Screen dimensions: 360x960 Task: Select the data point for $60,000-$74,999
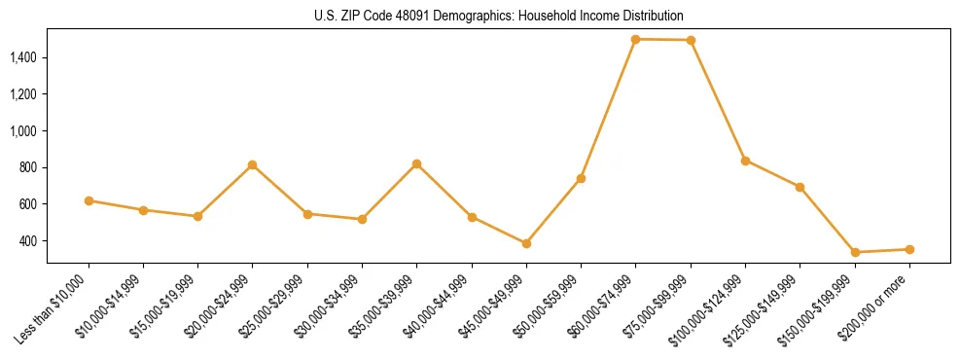[635, 39]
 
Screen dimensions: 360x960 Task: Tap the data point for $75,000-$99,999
[691, 40]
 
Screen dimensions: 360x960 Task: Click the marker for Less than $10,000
[89, 200]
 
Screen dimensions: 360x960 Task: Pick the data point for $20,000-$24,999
[253, 165]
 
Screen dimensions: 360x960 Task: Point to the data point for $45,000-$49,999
[526, 243]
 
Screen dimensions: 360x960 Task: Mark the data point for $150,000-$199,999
[855, 252]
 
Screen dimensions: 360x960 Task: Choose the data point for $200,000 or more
[909, 249]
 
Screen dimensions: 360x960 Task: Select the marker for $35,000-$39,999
[417, 163]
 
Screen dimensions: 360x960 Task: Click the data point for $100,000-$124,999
[745, 161]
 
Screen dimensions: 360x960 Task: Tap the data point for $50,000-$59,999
[581, 178]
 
